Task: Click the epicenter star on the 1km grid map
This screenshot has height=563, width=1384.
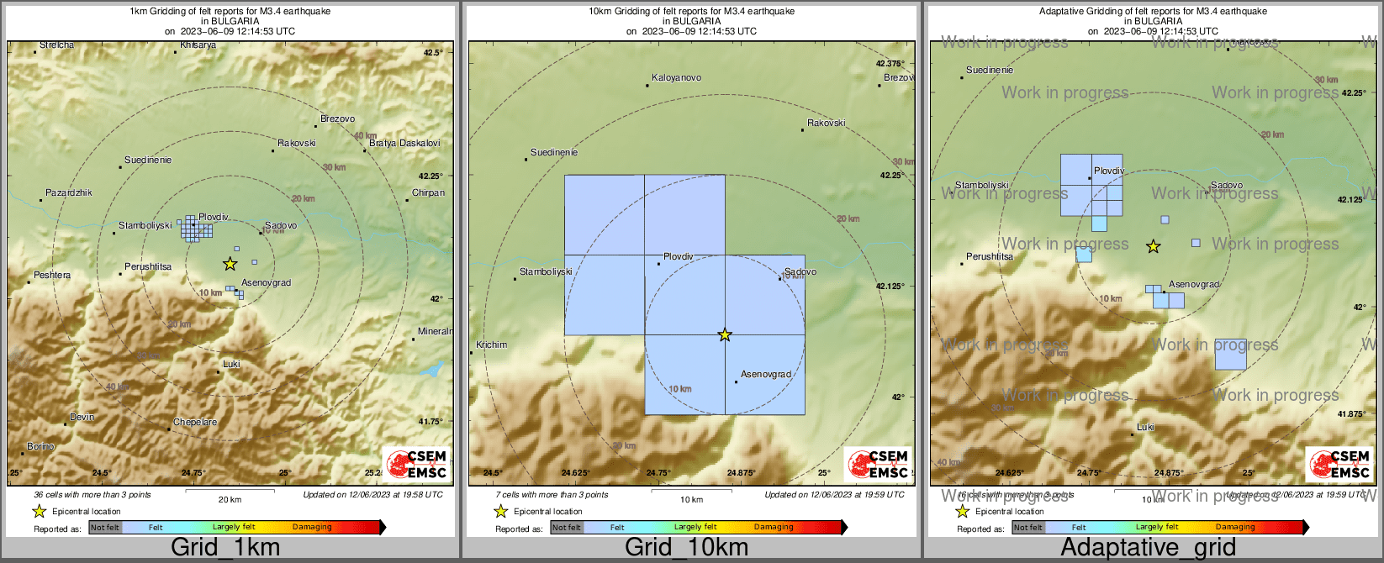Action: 230,264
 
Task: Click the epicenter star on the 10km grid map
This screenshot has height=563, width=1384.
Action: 725,335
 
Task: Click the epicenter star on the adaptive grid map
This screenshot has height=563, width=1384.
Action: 1154,246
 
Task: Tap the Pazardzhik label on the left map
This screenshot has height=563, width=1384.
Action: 69,193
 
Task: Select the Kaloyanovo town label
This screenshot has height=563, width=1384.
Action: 677,78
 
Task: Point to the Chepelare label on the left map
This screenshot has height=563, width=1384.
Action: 195,423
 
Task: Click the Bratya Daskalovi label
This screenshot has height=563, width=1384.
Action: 404,144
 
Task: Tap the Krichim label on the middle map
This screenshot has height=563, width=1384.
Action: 492,345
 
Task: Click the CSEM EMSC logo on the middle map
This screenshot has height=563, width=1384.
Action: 878,464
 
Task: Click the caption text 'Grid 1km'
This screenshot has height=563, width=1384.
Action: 225,548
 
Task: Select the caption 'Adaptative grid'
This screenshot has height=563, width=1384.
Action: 1149,548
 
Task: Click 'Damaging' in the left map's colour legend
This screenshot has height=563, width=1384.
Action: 312,528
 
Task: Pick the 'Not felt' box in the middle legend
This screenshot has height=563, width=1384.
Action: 567,528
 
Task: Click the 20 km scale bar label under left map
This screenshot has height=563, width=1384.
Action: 230,500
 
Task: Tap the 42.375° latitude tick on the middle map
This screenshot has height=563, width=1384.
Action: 890,64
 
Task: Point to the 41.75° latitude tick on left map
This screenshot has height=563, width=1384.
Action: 431,422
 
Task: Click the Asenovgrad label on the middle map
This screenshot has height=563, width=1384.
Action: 766,375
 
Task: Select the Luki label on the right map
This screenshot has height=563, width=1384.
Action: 1145,428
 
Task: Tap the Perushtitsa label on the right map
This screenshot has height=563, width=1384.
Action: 990,256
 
